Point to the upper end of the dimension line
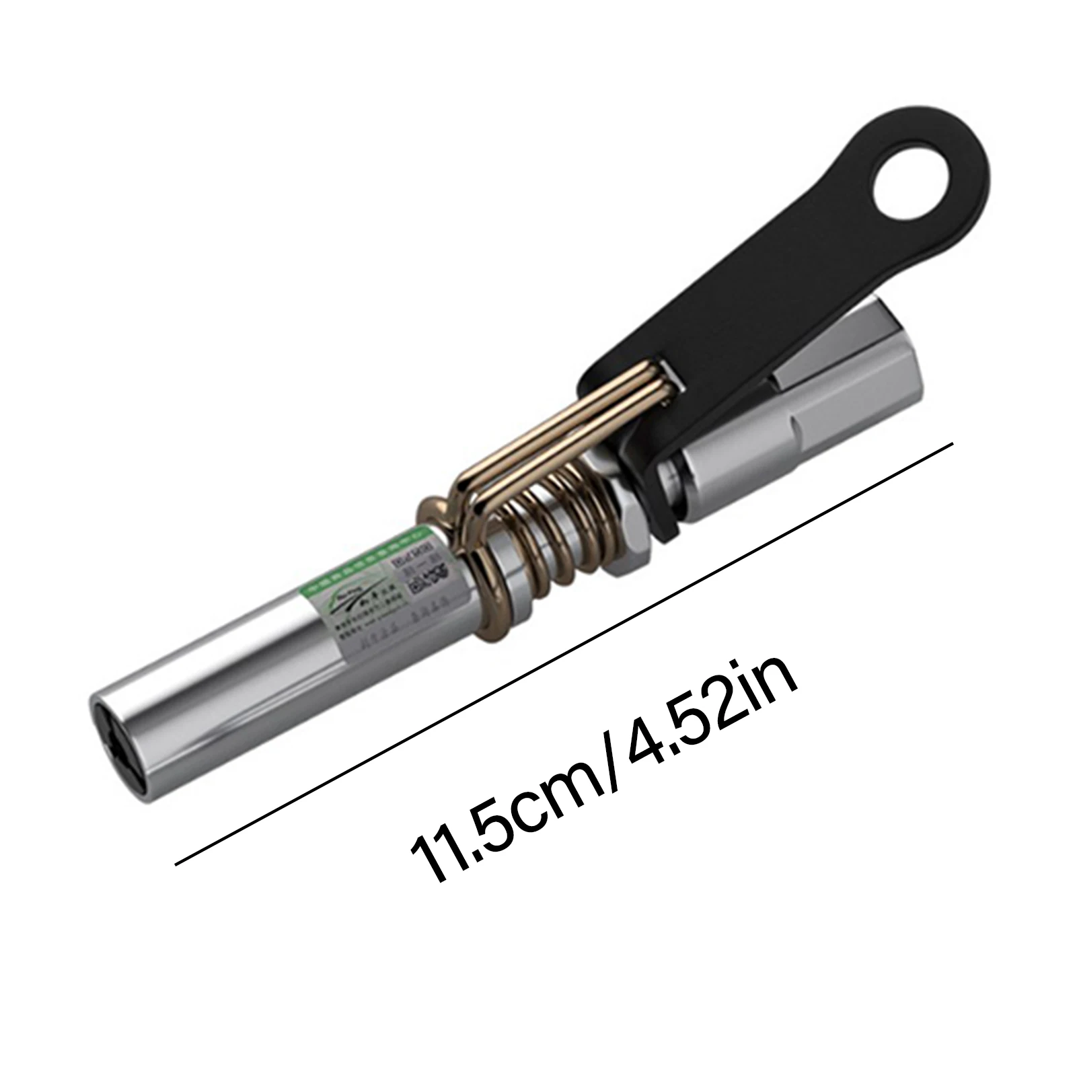[951, 443]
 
